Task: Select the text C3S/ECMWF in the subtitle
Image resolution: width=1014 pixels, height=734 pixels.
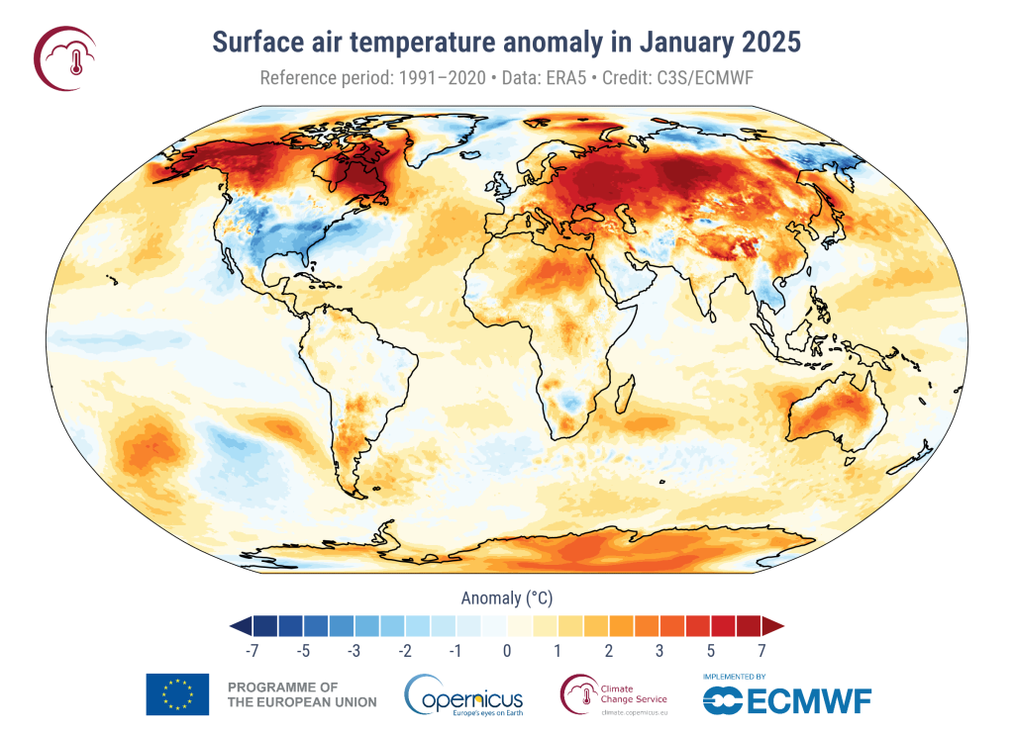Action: click(699, 78)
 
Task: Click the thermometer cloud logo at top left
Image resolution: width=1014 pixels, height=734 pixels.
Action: click(66, 55)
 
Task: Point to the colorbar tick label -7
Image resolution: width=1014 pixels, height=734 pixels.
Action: click(252, 650)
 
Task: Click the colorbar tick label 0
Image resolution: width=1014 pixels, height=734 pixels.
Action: click(507, 650)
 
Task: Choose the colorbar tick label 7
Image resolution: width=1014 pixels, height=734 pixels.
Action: click(761, 650)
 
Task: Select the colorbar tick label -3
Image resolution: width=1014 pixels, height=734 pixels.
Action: click(354, 650)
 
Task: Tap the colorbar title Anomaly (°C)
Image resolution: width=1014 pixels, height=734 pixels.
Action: click(506, 597)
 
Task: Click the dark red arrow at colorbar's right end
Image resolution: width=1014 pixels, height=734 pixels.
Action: click(773, 625)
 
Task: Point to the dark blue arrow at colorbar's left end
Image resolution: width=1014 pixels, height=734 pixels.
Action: click(240, 625)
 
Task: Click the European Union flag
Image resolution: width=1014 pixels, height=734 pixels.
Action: click(177, 693)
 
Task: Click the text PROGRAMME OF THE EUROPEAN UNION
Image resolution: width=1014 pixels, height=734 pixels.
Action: click(302, 694)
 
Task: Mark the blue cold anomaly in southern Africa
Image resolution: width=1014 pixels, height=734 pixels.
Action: click(568, 401)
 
